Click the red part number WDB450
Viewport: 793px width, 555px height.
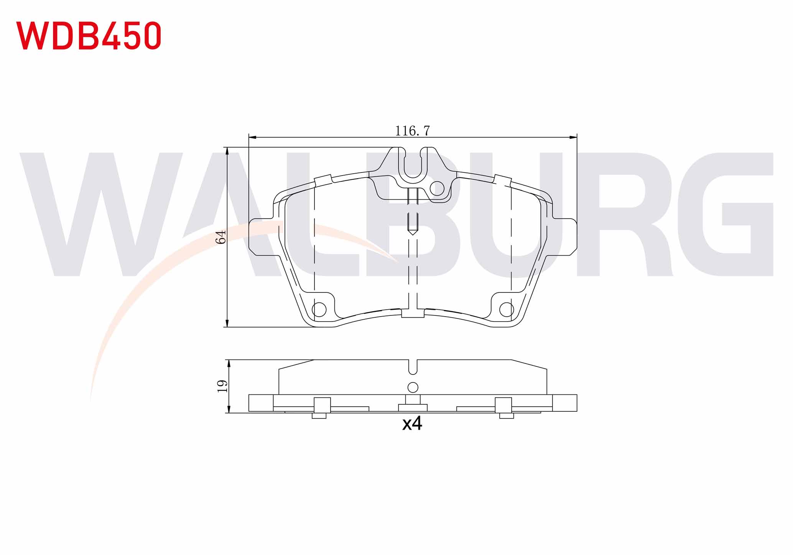[x=89, y=36]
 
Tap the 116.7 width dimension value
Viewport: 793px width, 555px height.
[x=413, y=131]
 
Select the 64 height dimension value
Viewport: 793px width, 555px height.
[x=221, y=237]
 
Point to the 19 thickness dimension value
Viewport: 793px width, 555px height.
[x=222, y=386]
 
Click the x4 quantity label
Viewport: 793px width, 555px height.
[x=412, y=424]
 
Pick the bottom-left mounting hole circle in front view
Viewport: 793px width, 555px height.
[x=319, y=309]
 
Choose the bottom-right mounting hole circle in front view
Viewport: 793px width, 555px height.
[x=507, y=309]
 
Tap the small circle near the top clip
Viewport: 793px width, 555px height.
[x=437, y=188]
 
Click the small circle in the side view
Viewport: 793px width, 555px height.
[x=413, y=387]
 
